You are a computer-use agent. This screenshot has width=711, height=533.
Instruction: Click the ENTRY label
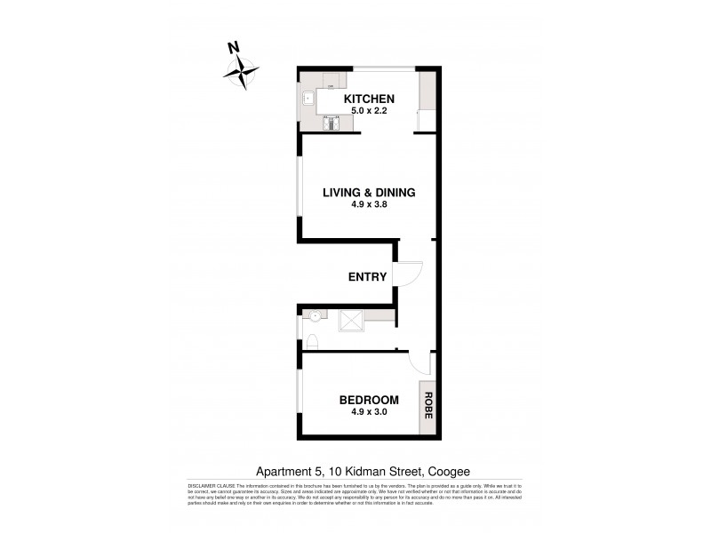(367, 276)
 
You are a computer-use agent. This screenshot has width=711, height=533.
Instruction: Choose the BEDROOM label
(369, 399)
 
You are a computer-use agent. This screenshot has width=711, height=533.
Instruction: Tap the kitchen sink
(305, 99)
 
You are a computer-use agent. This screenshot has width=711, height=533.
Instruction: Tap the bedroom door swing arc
(419, 362)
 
